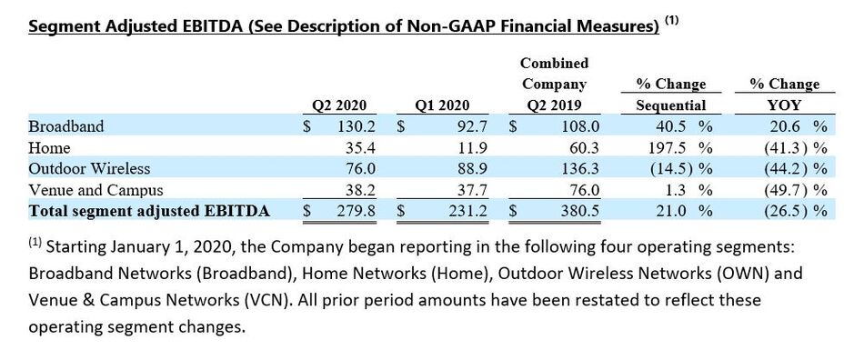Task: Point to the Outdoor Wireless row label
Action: [x=89, y=168]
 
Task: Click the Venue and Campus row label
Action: [x=95, y=190]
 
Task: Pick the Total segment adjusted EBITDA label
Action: [x=149, y=211]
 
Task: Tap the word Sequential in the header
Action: [x=669, y=105]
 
